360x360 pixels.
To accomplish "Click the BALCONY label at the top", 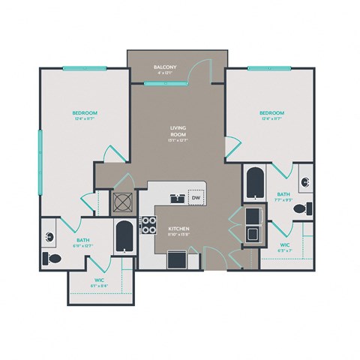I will [x=164, y=68].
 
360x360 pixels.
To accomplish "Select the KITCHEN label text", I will [x=178, y=228].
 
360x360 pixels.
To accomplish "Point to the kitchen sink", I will [x=177, y=199].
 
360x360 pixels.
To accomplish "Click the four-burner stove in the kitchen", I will [x=148, y=226].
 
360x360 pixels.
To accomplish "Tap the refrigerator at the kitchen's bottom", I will [x=178, y=259].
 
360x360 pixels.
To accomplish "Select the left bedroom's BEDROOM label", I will [x=85, y=114].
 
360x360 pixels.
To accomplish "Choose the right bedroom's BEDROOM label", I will [x=272, y=114].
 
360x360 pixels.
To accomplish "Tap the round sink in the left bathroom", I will [x=49, y=238].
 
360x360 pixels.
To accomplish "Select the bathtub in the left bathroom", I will [x=123, y=238].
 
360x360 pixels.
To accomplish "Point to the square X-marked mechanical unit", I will [x=121, y=201].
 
